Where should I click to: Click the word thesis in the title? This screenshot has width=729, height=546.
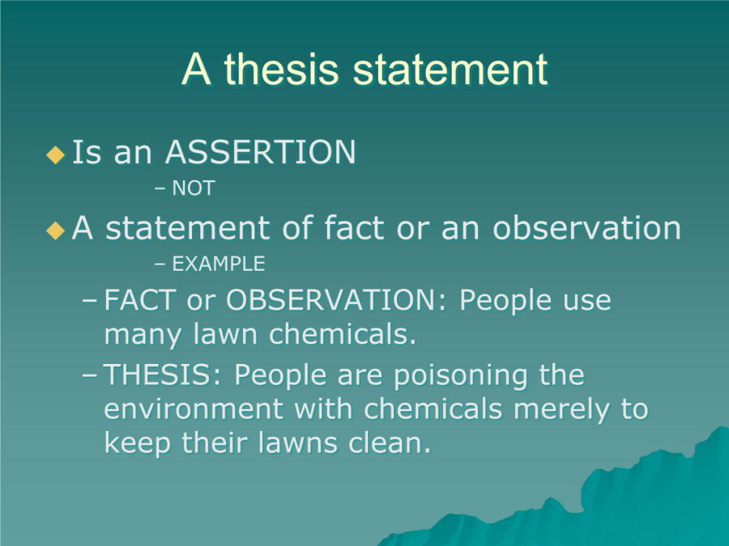[281, 70]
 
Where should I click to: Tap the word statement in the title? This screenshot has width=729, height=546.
[450, 70]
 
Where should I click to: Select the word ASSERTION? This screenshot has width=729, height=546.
[260, 152]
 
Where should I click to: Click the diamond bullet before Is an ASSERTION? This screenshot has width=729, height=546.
[55, 154]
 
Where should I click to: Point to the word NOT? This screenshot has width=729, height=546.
[194, 188]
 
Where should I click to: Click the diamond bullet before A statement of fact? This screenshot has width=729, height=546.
[55, 231]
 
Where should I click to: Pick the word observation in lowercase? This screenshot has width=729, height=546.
[586, 227]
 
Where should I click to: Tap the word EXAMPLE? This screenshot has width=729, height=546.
[219, 264]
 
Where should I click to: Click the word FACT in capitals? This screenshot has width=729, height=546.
[140, 300]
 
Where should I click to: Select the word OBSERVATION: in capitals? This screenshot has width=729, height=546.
[336, 300]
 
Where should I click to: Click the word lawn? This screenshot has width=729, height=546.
[225, 334]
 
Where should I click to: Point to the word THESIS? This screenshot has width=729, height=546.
[163, 375]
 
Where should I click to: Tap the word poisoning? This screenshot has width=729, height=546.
[461, 375]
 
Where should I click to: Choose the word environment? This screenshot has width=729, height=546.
[194, 409]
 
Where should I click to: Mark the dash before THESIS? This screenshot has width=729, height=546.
[90, 375]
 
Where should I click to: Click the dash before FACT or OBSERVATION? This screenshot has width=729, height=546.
[90, 301]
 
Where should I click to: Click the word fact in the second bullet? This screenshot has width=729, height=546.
[354, 227]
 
